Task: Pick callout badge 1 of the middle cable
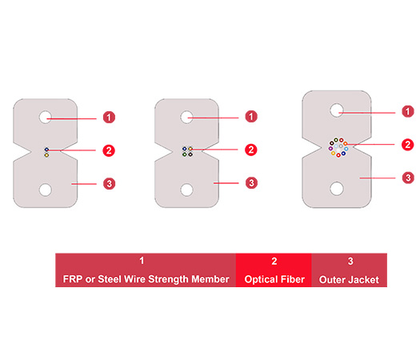251,117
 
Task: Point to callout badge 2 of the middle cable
251,150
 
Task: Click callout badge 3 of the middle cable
251,183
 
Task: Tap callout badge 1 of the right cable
407,111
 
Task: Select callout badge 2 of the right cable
407,145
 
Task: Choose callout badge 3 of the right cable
407,177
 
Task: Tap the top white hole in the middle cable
187,117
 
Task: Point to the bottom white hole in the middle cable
187,190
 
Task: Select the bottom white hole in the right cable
338,188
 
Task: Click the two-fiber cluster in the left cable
46,152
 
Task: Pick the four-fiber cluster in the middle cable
187,151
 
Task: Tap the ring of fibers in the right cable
338,147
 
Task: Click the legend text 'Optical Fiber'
274,280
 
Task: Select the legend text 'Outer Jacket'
350,280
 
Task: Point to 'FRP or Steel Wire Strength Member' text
145,280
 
